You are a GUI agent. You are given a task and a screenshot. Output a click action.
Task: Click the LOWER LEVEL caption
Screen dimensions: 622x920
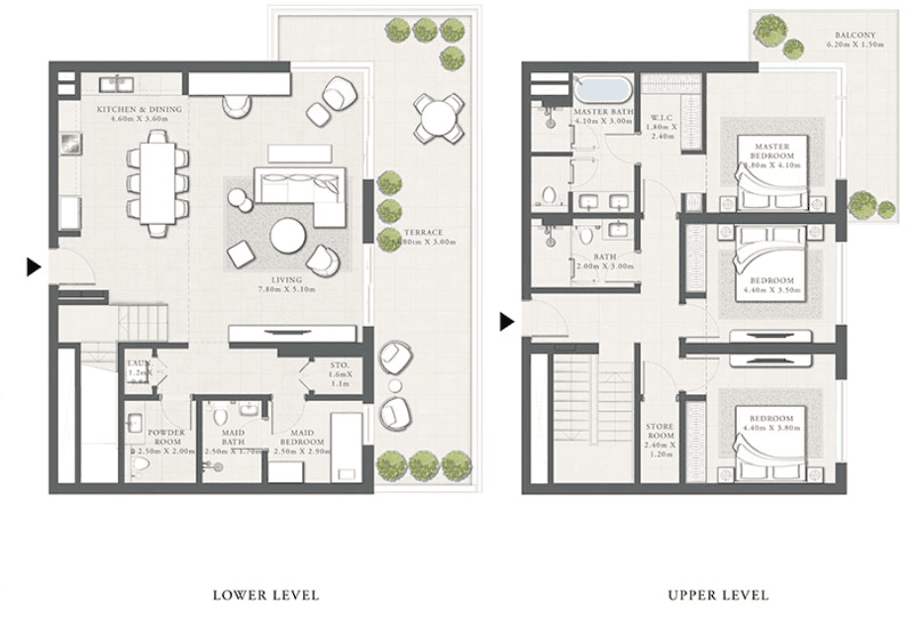tap(265, 595)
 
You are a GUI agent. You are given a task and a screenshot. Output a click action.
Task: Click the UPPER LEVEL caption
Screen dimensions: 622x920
tap(718, 595)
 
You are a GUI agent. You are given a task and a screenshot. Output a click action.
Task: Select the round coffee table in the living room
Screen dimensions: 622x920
tap(289, 237)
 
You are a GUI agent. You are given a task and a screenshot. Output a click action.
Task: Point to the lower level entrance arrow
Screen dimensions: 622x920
tap(33, 265)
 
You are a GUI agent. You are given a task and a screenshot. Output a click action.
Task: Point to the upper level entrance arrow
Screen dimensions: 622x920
tap(507, 321)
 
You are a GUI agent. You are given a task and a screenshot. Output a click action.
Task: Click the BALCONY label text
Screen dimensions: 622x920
tap(854, 42)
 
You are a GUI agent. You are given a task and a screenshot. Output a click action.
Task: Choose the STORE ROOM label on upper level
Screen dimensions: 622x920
tap(660, 436)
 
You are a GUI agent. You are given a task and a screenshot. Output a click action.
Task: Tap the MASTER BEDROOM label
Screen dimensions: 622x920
tap(771, 153)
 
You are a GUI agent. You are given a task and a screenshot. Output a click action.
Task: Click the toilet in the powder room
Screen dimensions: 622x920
tap(140, 462)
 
